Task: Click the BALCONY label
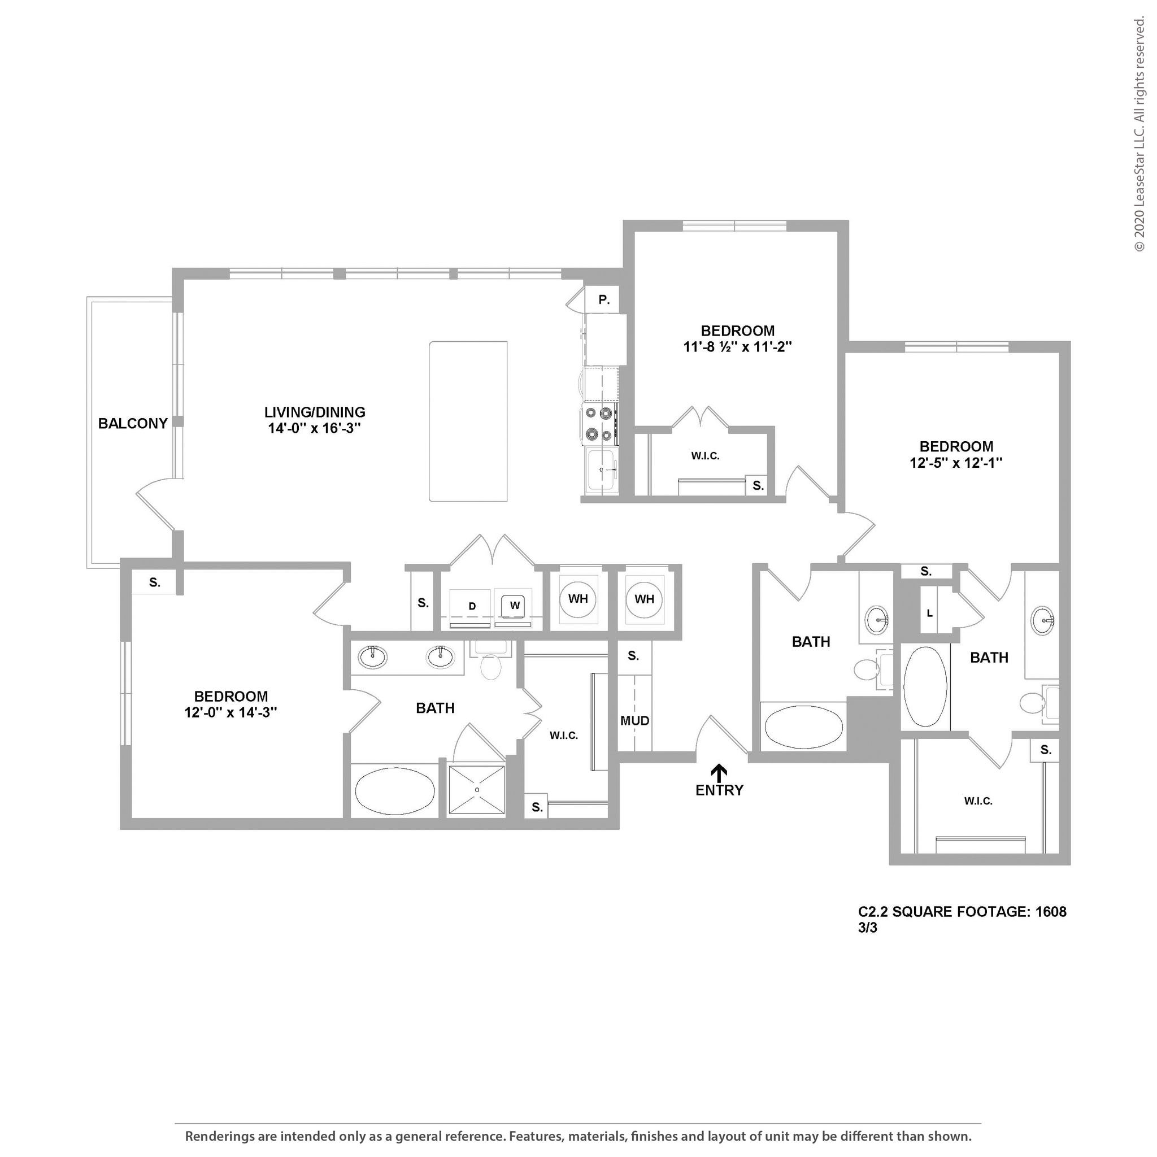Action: point(132,423)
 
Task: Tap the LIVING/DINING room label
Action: point(315,412)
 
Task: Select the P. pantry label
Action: point(604,300)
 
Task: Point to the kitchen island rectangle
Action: point(468,421)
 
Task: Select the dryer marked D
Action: point(471,607)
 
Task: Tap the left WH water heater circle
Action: point(577,599)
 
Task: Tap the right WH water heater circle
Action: point(644,599)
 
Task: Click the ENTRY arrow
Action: point(719,771)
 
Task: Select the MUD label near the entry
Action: point(634,721)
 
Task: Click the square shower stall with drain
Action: point(477,790)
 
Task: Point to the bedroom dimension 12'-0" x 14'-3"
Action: point(230,712)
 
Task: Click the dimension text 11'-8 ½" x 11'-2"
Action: point(737,347)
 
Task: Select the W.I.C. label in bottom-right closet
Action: point(978,801)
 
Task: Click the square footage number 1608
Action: point(1051,912)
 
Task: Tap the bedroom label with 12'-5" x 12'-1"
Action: point(956,447)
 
